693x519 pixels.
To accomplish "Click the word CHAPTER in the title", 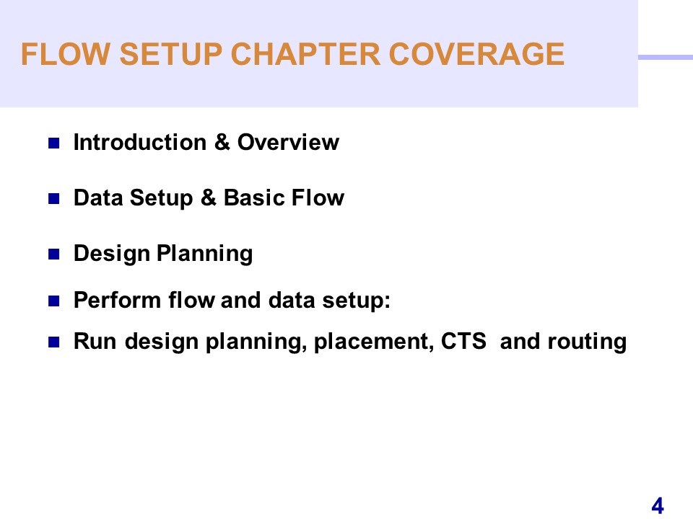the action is (305, 54).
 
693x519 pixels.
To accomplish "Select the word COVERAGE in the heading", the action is (476, 54).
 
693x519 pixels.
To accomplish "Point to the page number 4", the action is (658, 506).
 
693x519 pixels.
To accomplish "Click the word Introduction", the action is (139, 142).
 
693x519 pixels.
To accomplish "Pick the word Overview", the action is (288, 142).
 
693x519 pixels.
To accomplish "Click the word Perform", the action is (117, 300).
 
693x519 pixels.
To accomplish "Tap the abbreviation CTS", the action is (463, 341).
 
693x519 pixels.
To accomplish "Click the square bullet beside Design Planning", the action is (54, 254).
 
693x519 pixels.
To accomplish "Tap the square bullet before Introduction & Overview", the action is (54, 143).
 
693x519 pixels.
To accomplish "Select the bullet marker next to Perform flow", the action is (54, 301).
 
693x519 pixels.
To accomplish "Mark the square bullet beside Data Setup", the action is (54, 199).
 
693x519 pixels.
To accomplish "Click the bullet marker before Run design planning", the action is (54, 342).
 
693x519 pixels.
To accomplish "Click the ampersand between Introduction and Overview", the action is (222, 142).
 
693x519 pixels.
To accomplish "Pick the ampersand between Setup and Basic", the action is (208, 198).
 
